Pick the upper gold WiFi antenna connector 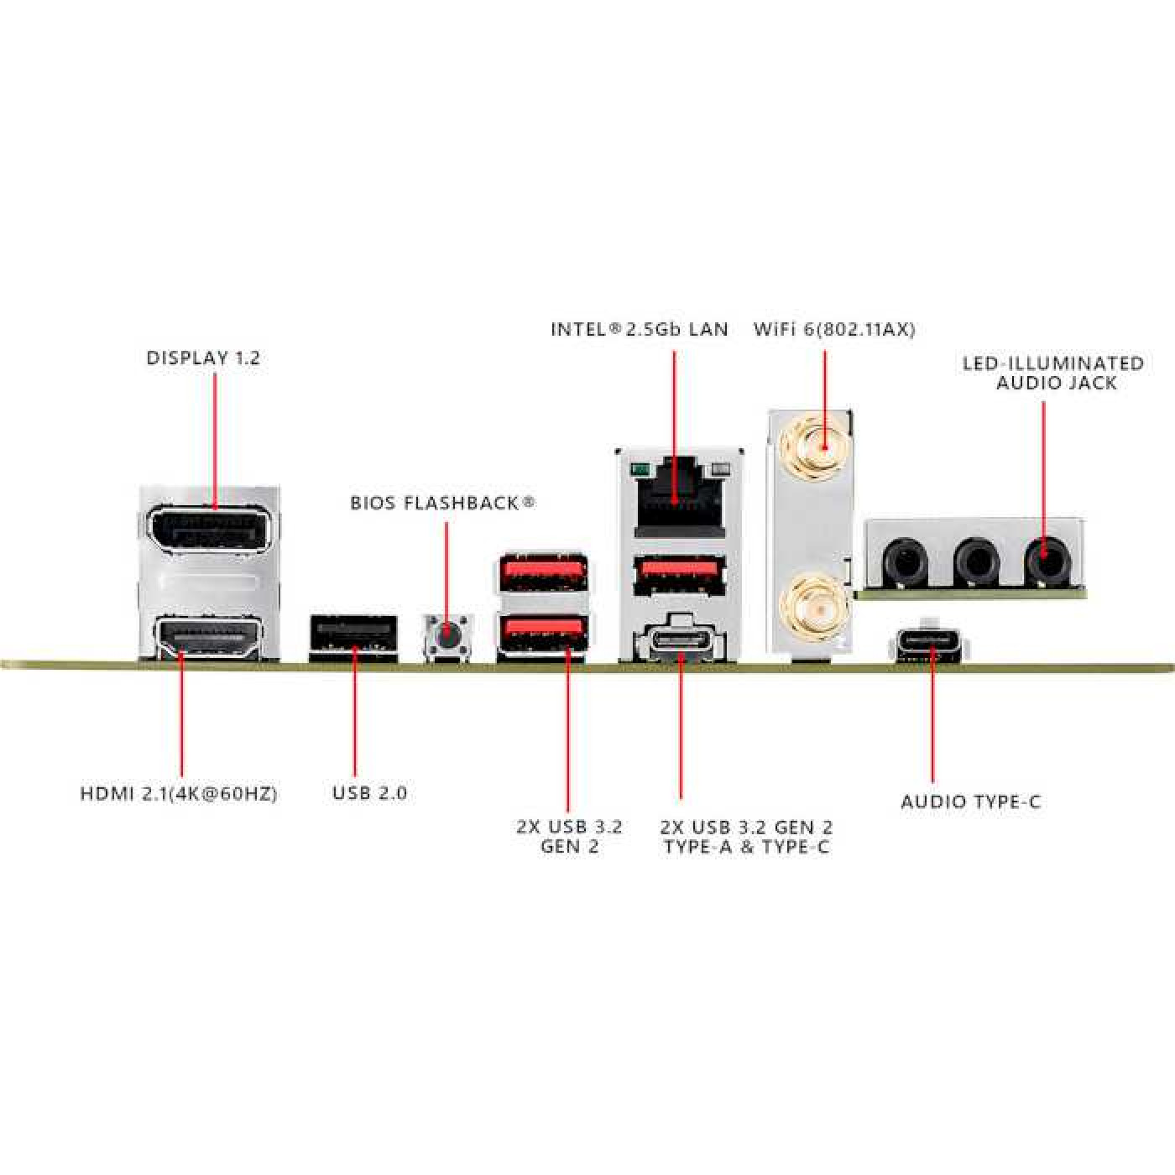pos(817,449)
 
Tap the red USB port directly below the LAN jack pos(680,574)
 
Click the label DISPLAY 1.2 pos(204,358)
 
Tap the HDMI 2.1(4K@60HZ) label pos(179,794)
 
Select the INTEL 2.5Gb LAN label pos(640,329)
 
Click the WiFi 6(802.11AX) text pos(835,329)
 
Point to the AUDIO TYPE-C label pos(971,802)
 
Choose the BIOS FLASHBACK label pos(442,503)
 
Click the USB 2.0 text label pos(369,793)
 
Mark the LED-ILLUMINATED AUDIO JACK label pos(1053,373)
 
